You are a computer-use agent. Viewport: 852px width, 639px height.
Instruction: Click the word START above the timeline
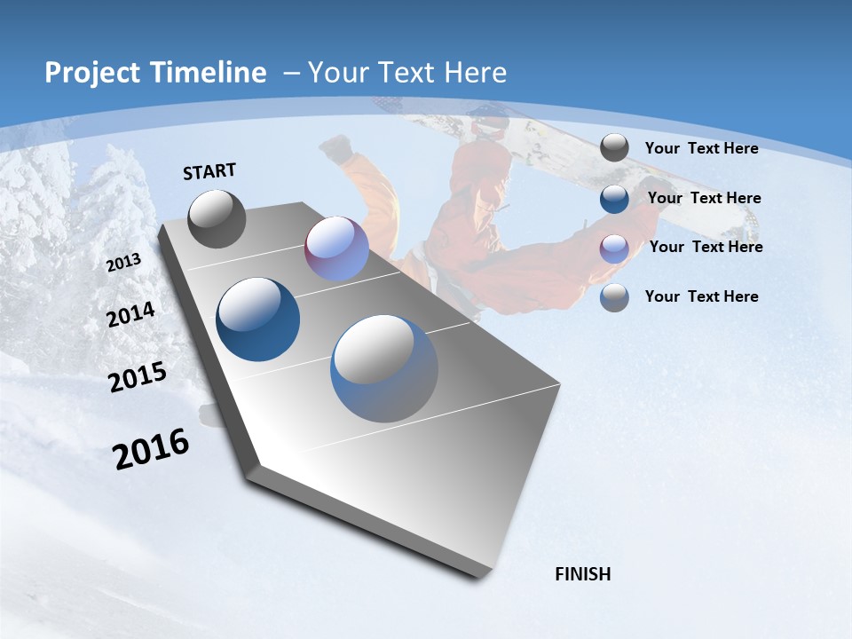point(209,171)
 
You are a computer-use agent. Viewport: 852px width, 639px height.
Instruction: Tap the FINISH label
point(583,574)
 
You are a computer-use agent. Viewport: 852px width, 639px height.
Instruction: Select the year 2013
point(124,263)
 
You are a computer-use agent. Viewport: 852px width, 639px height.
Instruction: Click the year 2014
point(131,315)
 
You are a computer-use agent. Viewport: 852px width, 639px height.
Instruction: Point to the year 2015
point(138,377)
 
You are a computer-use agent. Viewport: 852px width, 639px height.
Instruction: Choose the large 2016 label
point(151,449)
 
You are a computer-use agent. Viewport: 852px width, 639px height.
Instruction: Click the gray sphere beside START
point(217,219)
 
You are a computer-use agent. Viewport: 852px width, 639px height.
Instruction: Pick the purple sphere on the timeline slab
point(337,249)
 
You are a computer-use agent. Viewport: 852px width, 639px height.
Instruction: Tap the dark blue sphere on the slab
point(258,319)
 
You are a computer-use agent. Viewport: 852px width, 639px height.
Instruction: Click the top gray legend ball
point(614,148)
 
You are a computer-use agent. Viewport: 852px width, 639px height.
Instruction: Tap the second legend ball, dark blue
point(614,199)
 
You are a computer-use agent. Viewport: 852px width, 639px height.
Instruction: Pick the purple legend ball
point(614,248)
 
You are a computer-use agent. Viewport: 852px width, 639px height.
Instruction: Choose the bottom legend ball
point(614,297)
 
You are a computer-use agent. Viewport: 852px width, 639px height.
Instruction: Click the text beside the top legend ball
point(701,148)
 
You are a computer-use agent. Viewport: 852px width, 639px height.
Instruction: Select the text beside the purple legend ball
point(706,247)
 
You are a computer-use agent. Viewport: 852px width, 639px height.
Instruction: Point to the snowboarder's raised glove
point(335,148)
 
